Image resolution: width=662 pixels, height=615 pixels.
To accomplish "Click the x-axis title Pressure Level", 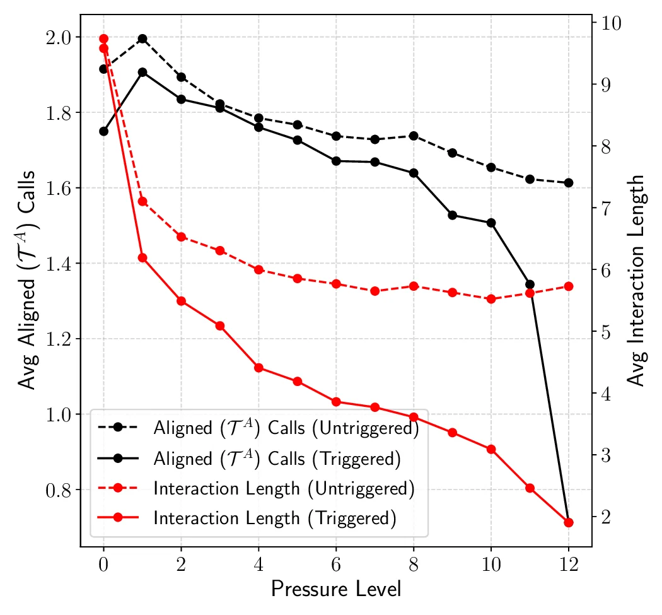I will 335,589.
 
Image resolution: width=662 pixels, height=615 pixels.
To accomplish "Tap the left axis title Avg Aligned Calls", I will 26,279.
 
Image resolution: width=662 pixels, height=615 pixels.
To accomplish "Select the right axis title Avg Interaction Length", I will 637,280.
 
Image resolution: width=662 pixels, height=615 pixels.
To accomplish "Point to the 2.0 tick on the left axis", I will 58,37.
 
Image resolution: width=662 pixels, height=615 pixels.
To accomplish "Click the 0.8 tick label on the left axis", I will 58,490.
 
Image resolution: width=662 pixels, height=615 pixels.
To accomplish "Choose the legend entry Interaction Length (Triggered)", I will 274,518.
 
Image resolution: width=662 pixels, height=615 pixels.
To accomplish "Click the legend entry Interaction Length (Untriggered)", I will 283,489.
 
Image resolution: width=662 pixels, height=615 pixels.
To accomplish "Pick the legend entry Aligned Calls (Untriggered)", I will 286,428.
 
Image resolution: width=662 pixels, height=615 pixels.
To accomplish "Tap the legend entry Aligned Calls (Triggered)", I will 277,459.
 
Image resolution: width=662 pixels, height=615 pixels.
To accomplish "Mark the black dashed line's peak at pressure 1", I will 142,38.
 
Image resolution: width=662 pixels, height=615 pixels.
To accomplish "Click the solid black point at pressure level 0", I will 104,131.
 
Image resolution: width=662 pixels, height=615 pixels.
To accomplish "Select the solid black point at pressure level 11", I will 530,284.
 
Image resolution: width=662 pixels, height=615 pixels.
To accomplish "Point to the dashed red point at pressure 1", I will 142,201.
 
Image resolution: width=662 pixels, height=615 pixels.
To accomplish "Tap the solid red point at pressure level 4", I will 258,368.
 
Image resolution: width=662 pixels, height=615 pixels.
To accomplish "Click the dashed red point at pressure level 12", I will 569,286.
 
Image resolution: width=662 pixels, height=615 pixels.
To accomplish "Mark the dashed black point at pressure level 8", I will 414,136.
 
